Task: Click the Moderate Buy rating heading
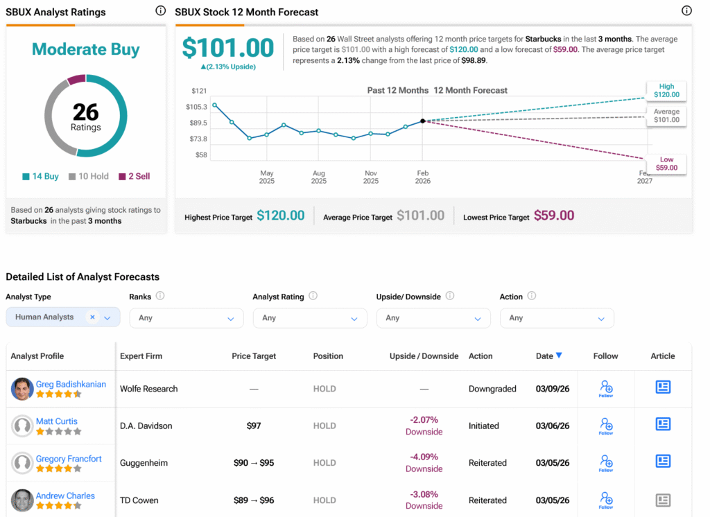pyautogui.click(x=86, y=50)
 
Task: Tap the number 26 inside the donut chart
pyautogui.click(x=86, y=112)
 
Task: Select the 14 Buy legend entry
pyautogui.click(x=40, y=176)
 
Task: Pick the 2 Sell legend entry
pyautogui.click(x=134, y=176)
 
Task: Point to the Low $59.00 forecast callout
pyautogui.click(x=666, y=164)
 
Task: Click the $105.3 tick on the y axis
pyautogui.click(x=196, y=107)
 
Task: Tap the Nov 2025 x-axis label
pyautogui.click(x=371, y=177)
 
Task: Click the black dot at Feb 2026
pyautogui.click(x=423, y=121)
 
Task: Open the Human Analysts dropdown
pyautogui.click(x=62, y=317)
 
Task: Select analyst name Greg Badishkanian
pyautogui.click(x=71, y=384)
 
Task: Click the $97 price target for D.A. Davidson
pyautogui.click(x=254, y=426)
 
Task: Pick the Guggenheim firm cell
pyautogui.click(x=144, y=463)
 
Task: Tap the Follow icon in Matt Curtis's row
pyautogui.click(x=605, y=425)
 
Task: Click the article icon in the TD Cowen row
pyautogui.click(x=663, y=500)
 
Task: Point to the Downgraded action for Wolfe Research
pyautogui.click(x=492, y=389)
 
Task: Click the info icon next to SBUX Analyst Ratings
pyautogui.click(x=161, y=11)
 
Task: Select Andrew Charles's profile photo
pyautogui.click(x=22, y=500)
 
